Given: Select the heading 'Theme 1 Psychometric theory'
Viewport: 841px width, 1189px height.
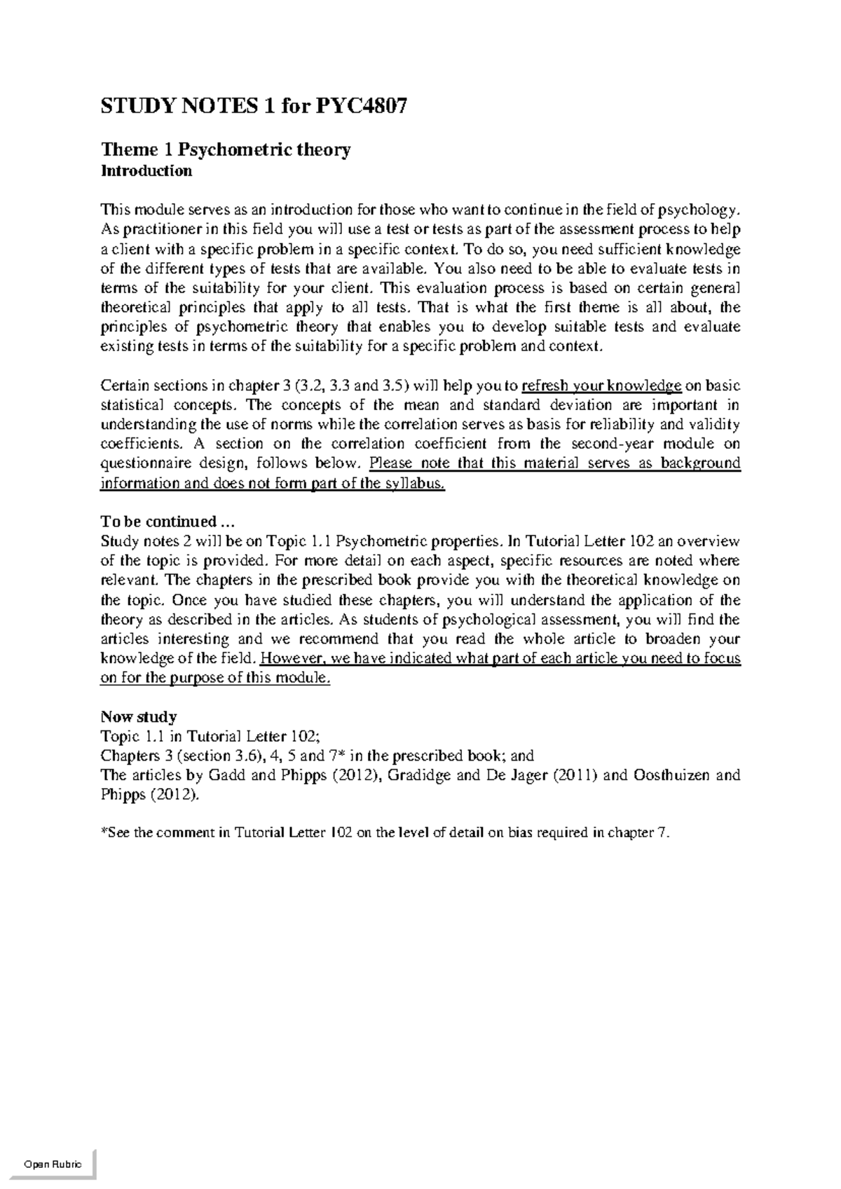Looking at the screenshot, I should [x=226, y=149].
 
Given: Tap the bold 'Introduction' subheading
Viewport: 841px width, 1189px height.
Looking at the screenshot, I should [x=146, y=170].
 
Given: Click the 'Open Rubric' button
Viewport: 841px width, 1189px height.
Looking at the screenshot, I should [x=53, y=1164].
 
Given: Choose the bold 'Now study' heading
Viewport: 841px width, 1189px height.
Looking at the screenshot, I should [x=139, y=716].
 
